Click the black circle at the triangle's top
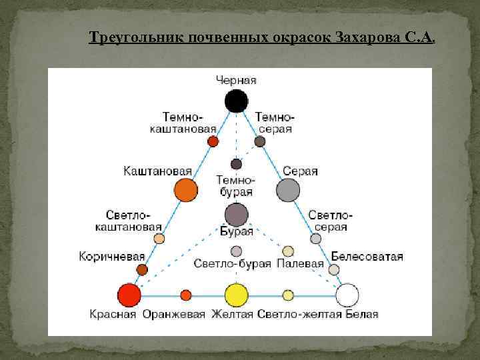point(236,101)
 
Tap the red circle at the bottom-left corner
point(129,295)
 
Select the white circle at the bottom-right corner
point(347,295)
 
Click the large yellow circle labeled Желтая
point(236,295)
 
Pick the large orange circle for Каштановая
point(185,190)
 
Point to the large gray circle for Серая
point(289,190)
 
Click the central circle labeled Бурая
point(236,215)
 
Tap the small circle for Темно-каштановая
point(213,141)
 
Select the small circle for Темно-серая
point(260,141)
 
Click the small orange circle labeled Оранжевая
point(186,295)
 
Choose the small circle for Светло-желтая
point(288,295)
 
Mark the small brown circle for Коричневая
point(142,269)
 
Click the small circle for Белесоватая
point(334,269)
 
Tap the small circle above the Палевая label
point(288,251)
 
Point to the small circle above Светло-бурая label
point(236,251)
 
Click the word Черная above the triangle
point(236,80)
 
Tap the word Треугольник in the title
point(128,37)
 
